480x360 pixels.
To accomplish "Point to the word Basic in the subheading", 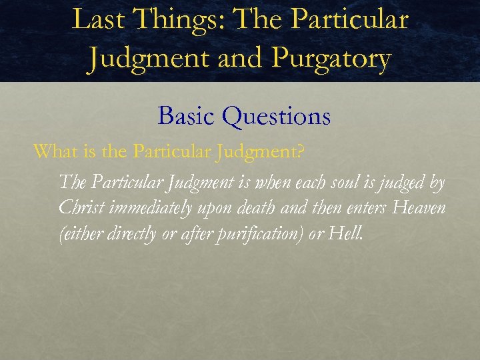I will click(x=187, y=117).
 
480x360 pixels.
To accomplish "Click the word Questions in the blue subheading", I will click(x=277, y=117).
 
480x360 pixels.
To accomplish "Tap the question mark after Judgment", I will click(x=301, y=152).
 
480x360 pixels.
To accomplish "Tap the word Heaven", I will click(x=419, y=207).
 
